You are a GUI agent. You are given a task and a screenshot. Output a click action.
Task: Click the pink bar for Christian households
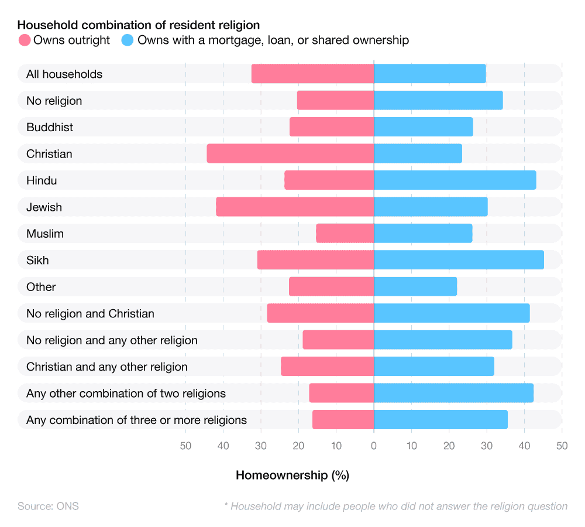pyautogui.click(x=290, y=154)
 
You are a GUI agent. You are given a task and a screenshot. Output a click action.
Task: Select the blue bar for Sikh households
pyautogui.click(x=459, y=260)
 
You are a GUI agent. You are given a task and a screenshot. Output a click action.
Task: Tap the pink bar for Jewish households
pyautogui.click(x=295, y=207)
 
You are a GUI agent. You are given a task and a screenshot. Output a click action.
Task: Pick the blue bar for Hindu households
pyautogui.click(x=455, y=180)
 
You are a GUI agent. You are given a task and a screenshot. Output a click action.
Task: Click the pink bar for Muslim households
pyautogui.click(x=345, y=234)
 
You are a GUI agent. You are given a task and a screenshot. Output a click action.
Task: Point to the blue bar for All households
pyautogui.click(x=429, y=74)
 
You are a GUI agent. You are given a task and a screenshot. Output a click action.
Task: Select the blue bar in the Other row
pyautogui.click(x=415, y=287)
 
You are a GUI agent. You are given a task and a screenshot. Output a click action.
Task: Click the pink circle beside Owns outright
pyautogui.click(x=25, y=40)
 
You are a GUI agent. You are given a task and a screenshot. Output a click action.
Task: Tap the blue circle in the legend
pyautogui.click(x=128, y=40)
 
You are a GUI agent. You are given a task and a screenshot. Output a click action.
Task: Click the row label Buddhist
pyautogui.click(x=50, y=127)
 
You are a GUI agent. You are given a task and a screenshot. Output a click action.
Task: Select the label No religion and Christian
pyautogui.click(x=90, y=314)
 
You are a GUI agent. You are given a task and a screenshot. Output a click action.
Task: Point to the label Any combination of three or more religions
pyautogui.click(x=136, y=420)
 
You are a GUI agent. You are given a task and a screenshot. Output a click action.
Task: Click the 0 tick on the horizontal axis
pyautogui.click(x=374, y=446)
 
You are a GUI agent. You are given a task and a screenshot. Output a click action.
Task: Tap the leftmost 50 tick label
pyautogui.click(x=185, y=446)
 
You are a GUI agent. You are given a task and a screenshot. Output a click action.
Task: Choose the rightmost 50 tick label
pyautogui.click(x=562, y=446)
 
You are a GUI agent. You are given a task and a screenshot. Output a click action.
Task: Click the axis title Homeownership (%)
pyautogui.click(x=292, y=475)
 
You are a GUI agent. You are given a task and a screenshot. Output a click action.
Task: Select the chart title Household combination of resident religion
pyautogui.click(x=139, y=25)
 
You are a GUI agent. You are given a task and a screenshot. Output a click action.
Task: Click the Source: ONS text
pyautogui.click(x=48, y=506)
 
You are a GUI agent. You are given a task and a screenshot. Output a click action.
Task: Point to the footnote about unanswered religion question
pyautogui.click(x=395, y=506)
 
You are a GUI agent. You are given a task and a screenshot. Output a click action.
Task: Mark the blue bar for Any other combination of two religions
pyautogui.click(x=453, y=393)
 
